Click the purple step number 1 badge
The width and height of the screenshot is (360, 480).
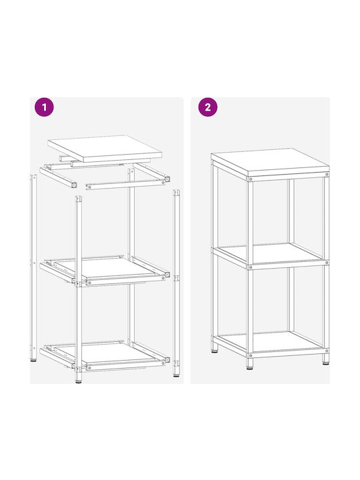point(45,107)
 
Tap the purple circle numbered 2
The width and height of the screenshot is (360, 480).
point(208,107)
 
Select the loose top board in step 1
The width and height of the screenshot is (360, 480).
point(105,149)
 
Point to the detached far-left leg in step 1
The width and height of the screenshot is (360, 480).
point(33,267)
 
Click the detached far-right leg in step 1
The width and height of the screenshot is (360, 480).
point(176,283)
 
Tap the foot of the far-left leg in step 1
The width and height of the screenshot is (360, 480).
point(34,360)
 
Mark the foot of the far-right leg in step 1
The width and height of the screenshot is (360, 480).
point(176,375)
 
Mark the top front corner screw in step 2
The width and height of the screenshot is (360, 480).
point(251,179)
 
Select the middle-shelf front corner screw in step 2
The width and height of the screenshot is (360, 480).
point(251,267)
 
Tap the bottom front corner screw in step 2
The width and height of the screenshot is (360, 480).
point(251,355)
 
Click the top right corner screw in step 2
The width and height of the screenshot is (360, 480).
point(327,174)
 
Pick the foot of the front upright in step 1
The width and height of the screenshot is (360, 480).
point(79,381)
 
